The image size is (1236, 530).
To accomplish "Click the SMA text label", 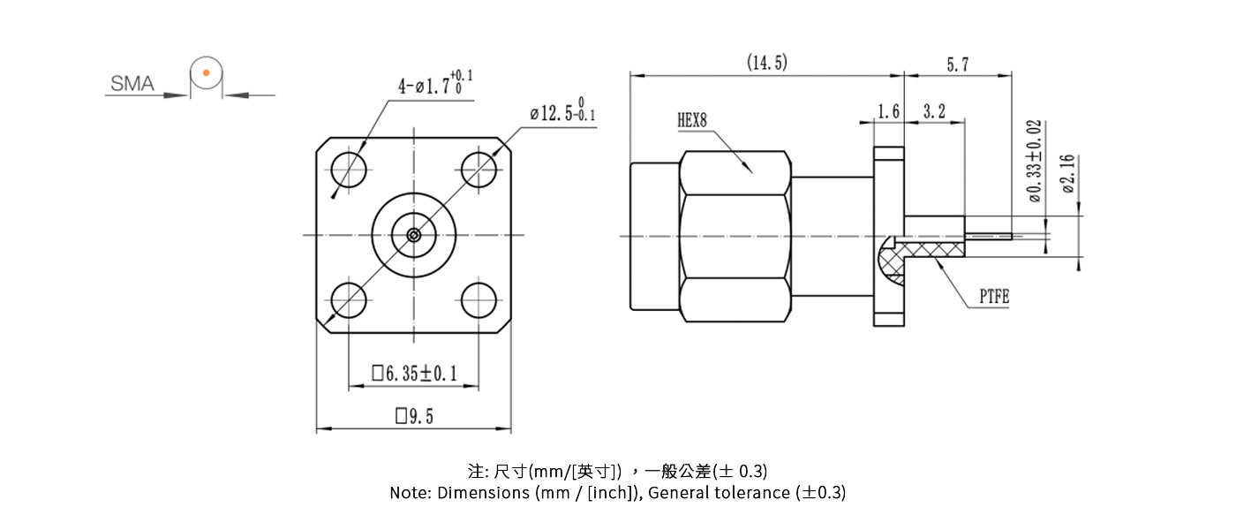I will click(132, 84).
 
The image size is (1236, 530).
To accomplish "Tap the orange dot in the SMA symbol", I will click(205, 72).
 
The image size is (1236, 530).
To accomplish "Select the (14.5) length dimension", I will click(766, 63).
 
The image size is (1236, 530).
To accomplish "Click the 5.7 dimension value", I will click(958, 64).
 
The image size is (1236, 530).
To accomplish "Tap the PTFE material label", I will click(993, 298).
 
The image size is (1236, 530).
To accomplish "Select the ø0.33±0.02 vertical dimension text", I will click(1035, 161).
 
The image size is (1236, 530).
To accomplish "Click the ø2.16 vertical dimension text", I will click(1067, 173).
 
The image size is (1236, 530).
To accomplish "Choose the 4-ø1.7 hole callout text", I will click(434, 84).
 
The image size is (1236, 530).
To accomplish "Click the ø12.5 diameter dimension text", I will click(562, 112).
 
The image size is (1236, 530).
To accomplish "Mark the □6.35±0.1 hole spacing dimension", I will click(414, 374).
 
